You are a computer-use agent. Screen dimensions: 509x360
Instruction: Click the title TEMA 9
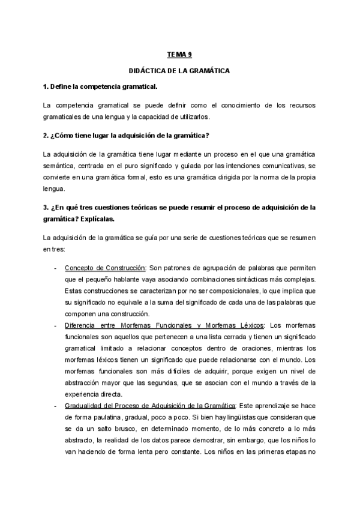click(x=179, y=54)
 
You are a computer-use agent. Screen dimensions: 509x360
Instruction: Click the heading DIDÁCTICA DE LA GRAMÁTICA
click(x=179, y=71)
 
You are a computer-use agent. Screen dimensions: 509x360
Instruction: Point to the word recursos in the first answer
click(x=299, y=104)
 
